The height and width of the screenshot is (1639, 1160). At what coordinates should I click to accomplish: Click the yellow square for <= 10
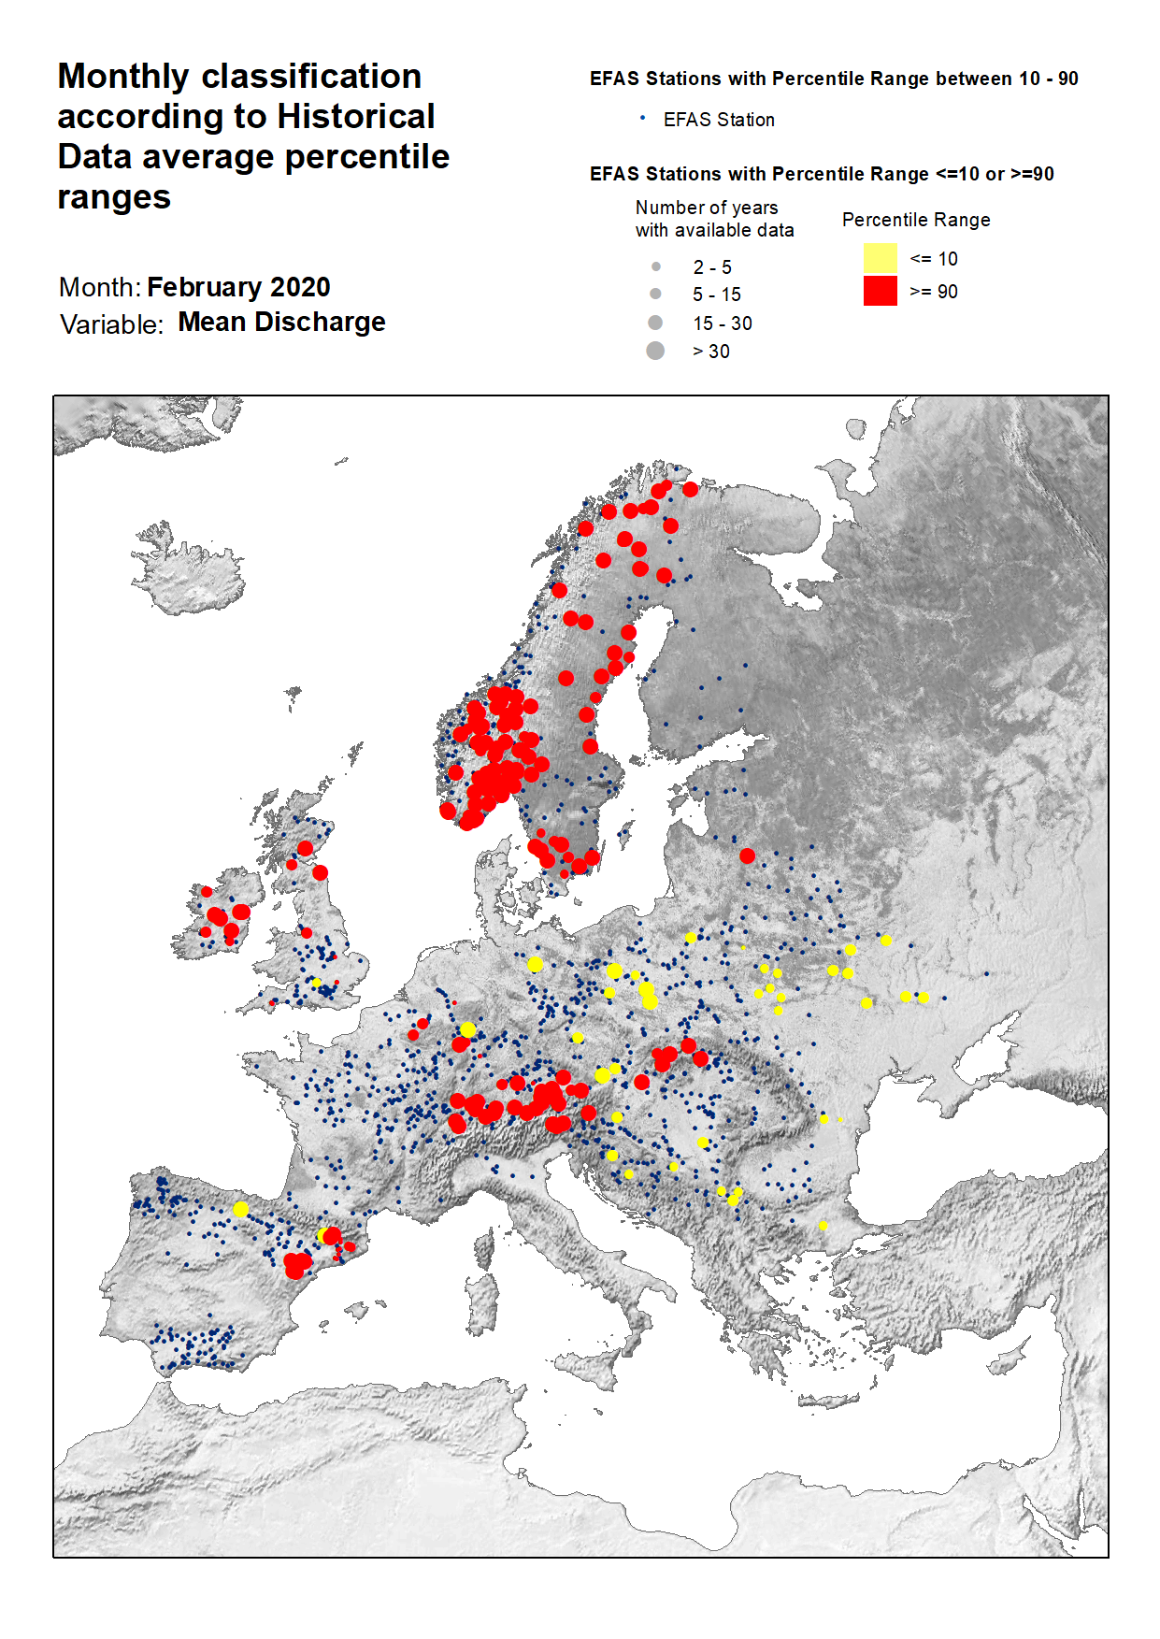click(x=880, y=258)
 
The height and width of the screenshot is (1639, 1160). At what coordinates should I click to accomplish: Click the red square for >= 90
click(x=880, y=291)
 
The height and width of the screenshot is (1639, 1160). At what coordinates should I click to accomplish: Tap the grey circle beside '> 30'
click(x=655, y=351)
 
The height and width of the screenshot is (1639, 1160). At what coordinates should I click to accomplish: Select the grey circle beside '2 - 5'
click(x=655, y=266)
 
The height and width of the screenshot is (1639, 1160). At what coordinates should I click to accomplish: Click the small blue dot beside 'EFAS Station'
click(x=642, y=118)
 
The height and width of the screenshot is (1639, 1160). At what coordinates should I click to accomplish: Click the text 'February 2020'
click(x=238, y=287)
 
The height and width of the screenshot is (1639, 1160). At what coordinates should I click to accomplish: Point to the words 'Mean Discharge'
click(x=281, y=322)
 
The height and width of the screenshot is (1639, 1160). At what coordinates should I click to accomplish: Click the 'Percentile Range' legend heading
click(x=915, y=220)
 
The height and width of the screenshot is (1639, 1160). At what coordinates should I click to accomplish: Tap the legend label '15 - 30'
click(x=722, y=323)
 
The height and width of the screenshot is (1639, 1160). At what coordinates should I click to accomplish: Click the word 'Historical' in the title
click(x=355, y=117)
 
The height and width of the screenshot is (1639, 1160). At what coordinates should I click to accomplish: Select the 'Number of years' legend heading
click(x=706, y=208)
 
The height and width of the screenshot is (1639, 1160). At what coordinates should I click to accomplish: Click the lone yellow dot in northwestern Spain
click(x=240, y=1209)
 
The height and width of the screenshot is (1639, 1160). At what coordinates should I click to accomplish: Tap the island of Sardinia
click(x=483, y=1304)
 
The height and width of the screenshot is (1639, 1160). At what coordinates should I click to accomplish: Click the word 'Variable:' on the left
click(x=111, y=324)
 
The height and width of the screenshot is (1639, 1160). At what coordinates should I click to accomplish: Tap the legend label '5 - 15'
click(x=716, y=295)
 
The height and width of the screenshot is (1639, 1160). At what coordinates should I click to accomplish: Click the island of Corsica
click(x=483, y=1247)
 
